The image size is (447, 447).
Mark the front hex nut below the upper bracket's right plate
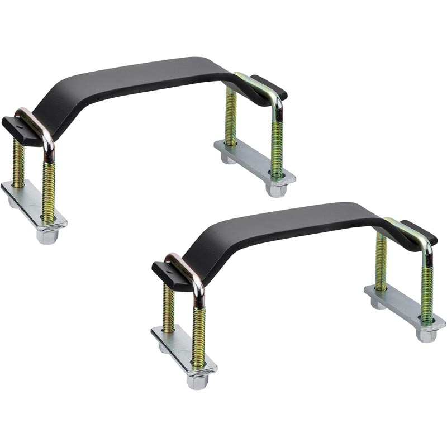(275, 190)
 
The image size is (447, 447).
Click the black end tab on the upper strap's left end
(14, 124)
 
